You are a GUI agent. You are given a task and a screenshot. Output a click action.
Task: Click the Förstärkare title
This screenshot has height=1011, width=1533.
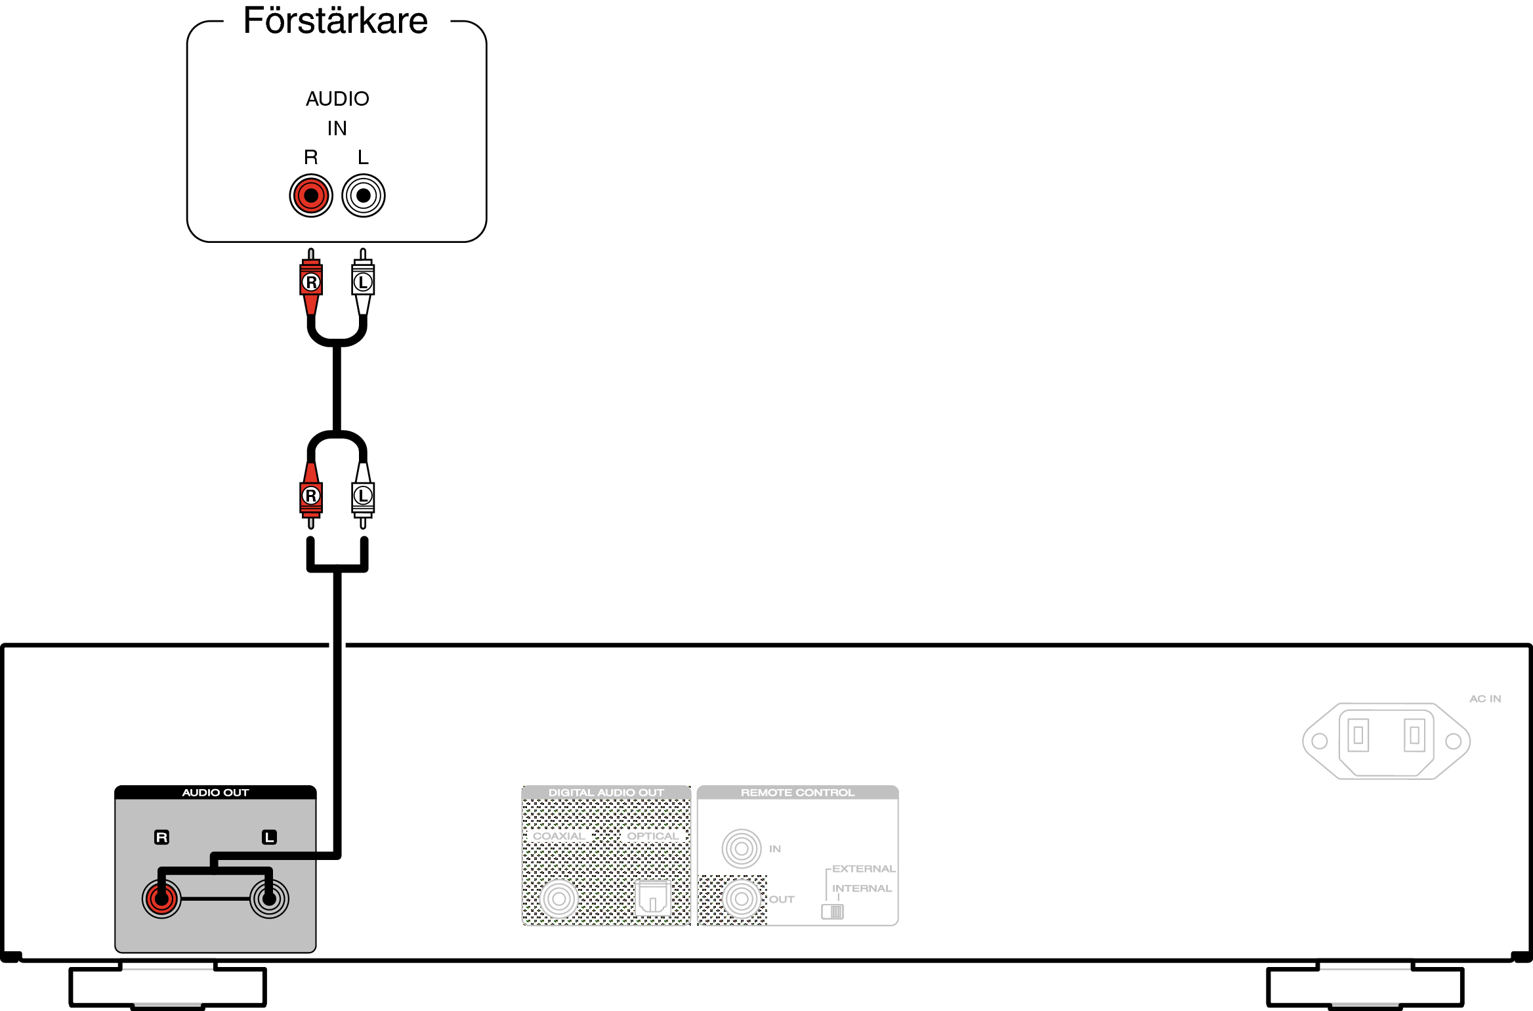[335, 21]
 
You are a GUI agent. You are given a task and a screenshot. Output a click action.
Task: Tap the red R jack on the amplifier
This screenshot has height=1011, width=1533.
[311, 196]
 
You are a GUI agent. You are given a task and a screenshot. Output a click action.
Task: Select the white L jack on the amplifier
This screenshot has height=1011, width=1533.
[364, 196]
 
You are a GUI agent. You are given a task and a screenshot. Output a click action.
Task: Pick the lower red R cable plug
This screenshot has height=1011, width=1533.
[311, 496]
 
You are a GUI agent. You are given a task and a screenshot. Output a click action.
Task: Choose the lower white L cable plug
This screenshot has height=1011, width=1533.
[363, 496]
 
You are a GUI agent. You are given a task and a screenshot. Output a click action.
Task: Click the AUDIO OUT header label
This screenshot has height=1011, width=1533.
[215, 792]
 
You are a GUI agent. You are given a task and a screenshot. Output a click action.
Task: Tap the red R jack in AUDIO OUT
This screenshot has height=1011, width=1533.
[161, 899]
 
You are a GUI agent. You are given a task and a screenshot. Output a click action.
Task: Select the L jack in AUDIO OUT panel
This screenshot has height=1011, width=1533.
[269, 899]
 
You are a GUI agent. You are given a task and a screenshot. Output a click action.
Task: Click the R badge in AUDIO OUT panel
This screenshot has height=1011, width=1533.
[161, 837]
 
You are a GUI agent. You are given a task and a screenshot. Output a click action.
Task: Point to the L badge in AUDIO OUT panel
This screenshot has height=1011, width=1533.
[269, 837]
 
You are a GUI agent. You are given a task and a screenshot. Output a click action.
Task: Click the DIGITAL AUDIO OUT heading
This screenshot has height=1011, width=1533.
[606, 792]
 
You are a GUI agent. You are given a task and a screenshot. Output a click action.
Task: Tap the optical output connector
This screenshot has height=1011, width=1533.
[652, 897]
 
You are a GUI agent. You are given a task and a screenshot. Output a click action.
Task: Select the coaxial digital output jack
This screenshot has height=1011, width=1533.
[559, 899]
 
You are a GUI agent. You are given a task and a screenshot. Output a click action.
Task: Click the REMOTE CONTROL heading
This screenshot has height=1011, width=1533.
[797, 792]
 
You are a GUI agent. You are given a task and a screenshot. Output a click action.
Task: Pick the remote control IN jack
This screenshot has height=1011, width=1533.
[742, 849]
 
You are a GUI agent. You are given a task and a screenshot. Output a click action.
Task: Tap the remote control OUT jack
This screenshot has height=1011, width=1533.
[742, 899]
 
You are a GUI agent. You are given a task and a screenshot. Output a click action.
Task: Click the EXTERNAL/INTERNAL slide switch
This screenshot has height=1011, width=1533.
[832, 911]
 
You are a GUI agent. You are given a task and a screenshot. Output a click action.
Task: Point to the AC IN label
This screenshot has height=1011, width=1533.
[1485, 699]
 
